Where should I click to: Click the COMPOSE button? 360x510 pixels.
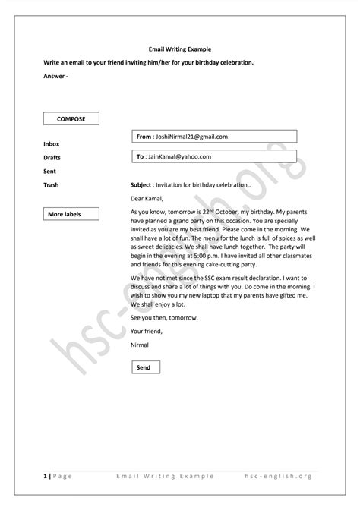[71, 119]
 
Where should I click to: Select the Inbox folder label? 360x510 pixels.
[52, 143]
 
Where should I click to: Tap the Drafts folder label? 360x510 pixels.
[53, 157]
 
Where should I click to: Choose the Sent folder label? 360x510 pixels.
[50, 171]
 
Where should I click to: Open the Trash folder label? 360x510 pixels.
[52, 184]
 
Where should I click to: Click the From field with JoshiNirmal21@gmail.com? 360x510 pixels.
[214, 137]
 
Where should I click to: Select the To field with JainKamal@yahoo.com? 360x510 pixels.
[214, 156]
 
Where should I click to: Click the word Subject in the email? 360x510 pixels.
[141, 184]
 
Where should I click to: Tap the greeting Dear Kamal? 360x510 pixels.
[147, 198]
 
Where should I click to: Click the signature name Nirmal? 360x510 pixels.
[140, 345]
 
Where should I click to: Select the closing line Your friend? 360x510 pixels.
[146, 331]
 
